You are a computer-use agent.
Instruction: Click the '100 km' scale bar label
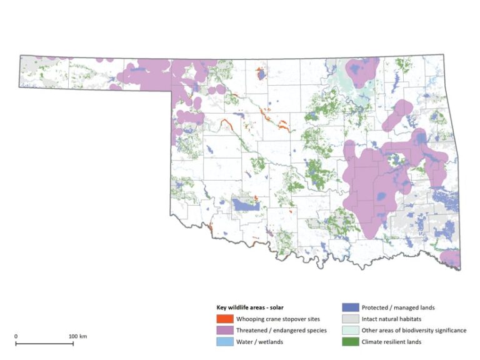click(x=78, y=336)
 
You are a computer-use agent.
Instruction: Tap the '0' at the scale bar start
click(x=16, y=336)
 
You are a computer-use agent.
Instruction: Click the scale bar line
click(x=47, y=343)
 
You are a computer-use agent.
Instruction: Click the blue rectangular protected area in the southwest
click(x=245, y=204)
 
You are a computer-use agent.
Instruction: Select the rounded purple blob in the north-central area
click(x=359, y=71)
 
